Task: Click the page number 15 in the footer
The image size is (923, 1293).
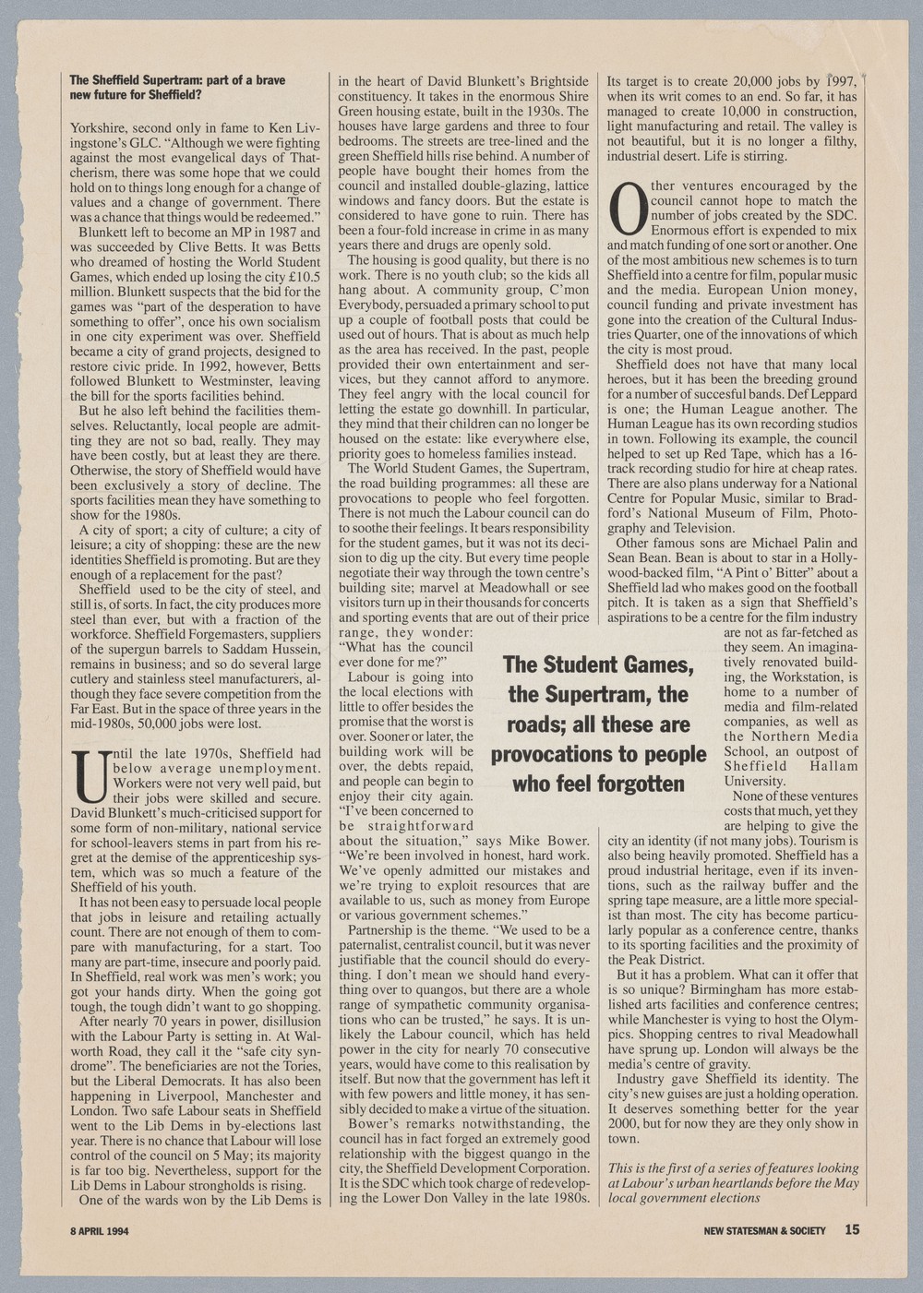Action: coord(850,1228)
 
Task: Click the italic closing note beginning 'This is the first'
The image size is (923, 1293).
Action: coord(733,1182)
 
